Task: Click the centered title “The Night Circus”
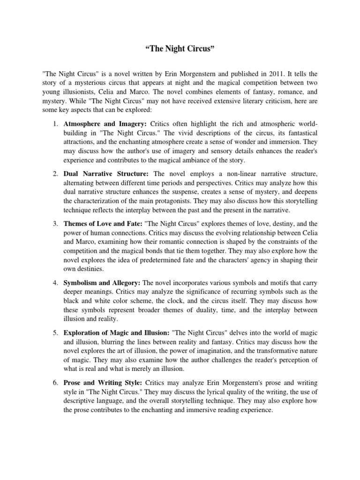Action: pos(180,50)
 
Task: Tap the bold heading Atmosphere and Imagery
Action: pos(105,123)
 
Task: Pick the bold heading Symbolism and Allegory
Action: pos(102,283)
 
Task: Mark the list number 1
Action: pos(54,123)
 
